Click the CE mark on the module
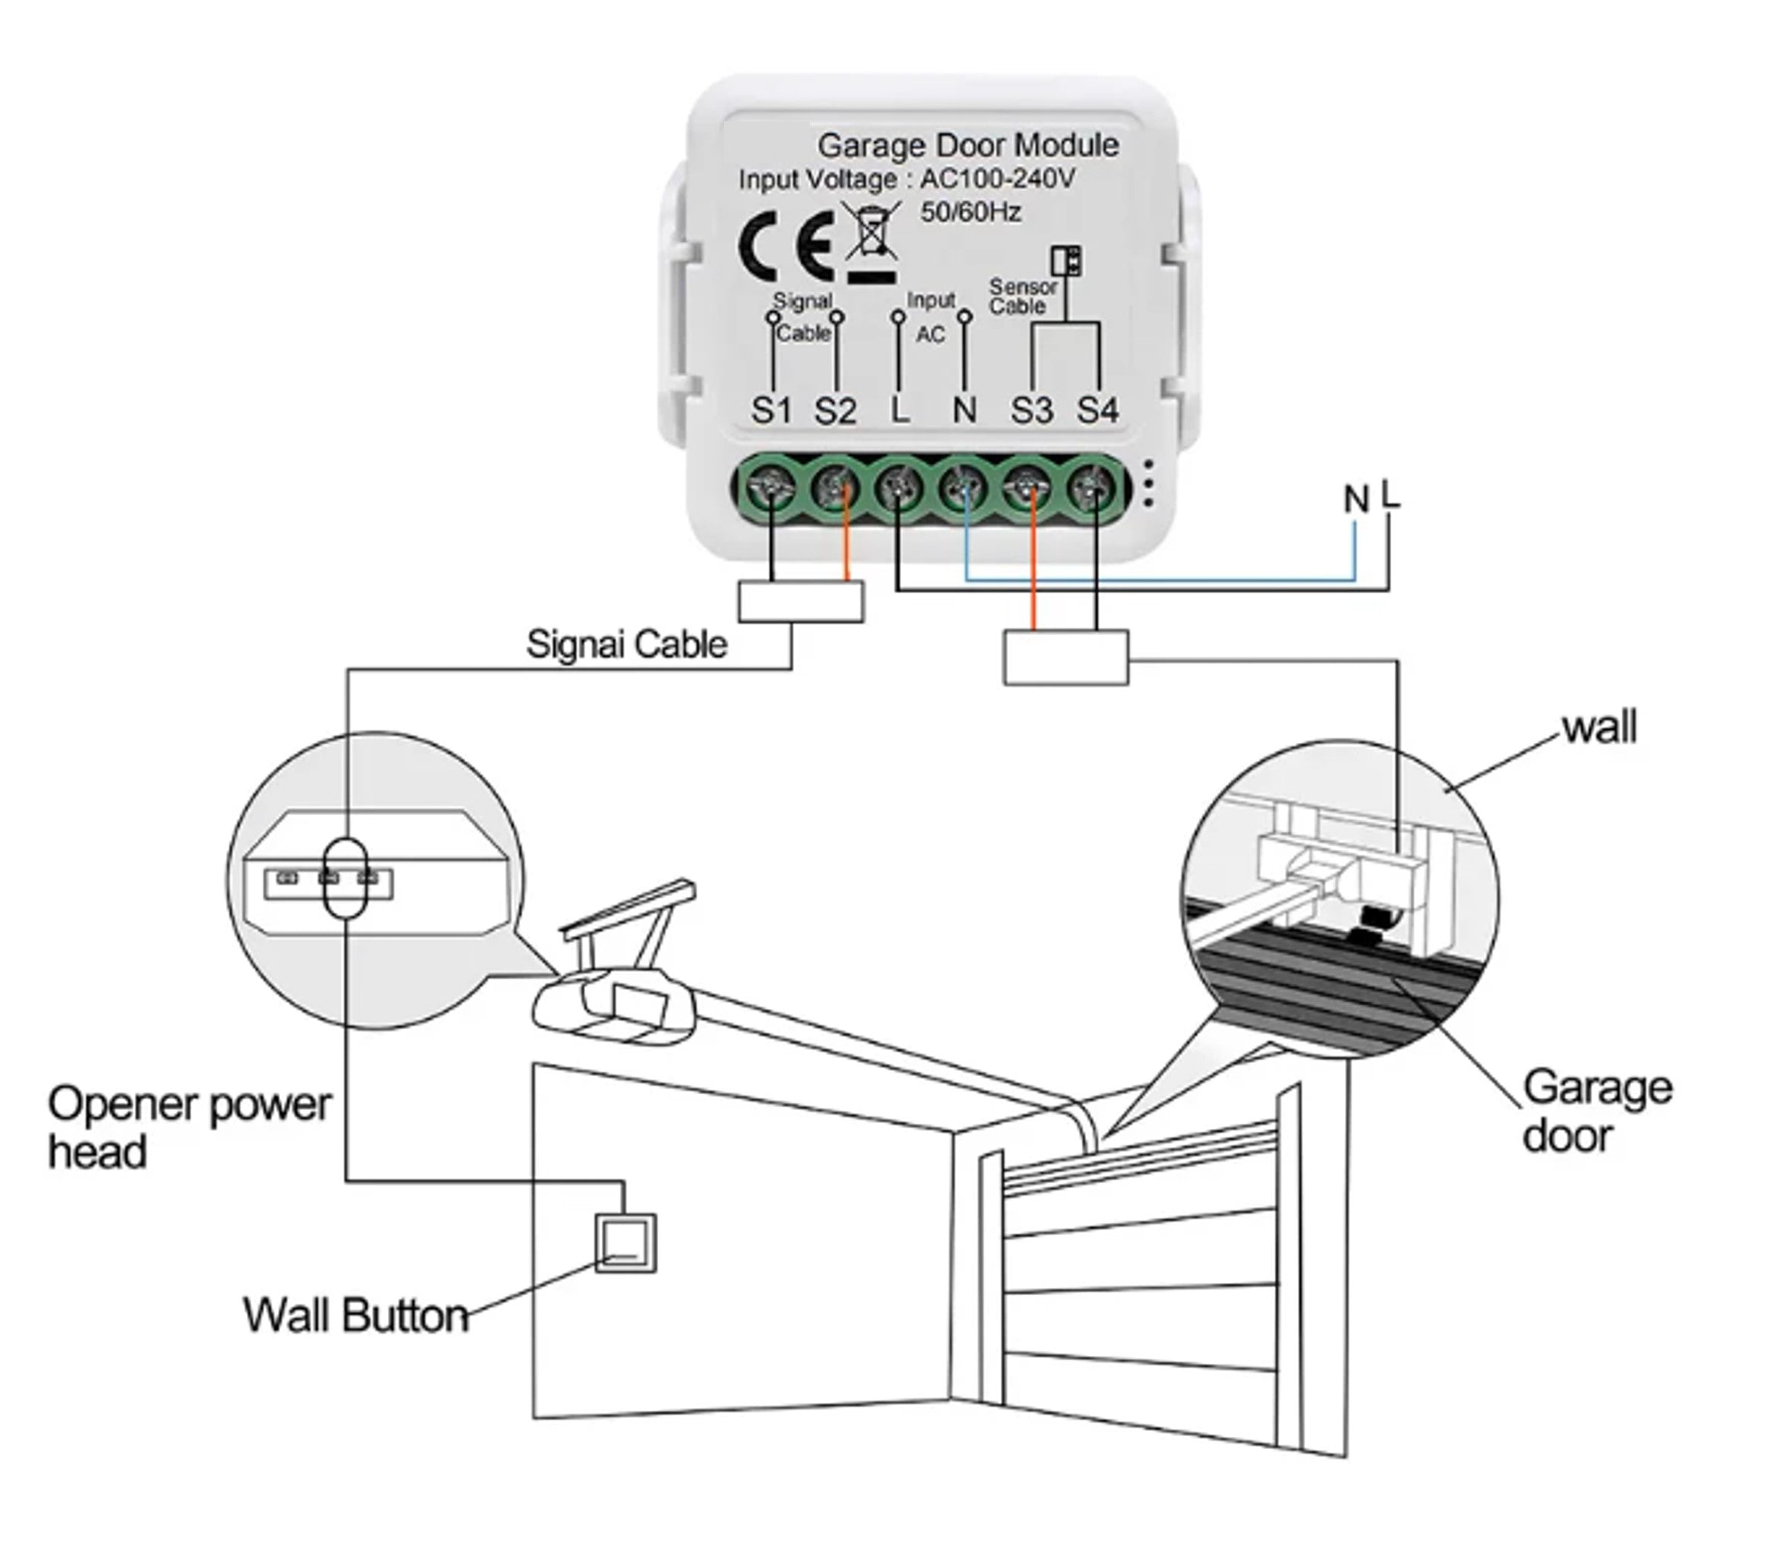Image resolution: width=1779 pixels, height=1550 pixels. [x=786, y=246]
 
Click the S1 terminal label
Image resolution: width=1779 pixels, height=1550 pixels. [x=771, y=411]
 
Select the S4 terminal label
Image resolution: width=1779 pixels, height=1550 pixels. [x=1097, y=411]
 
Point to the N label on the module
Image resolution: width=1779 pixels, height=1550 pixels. [x=964, y=411]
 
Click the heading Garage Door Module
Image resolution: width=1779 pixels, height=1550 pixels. [x=968, y=146]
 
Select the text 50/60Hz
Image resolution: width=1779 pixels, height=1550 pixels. [x=970, y=212]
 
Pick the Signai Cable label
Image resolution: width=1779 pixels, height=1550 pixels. [x=626, y=645]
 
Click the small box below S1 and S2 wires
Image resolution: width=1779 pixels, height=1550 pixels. [x=801, y=601]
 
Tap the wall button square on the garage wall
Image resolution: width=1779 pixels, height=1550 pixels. [x=625, y=1243]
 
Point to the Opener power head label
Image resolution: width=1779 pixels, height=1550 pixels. [x=187, y=1128]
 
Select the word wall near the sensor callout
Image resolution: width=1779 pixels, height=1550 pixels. [x=1598, y=728]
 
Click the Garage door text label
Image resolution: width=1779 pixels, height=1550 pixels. [x=1595, y=1112]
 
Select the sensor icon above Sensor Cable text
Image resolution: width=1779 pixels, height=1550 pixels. [x=1066, y=260]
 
